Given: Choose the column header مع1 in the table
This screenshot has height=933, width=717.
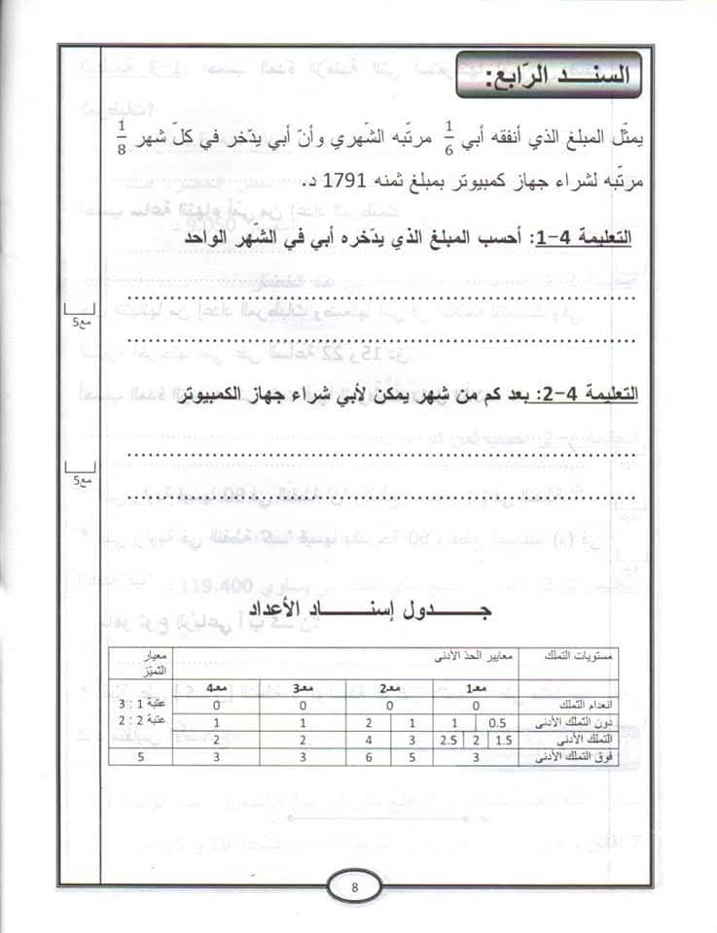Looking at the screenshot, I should pos(477,686).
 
